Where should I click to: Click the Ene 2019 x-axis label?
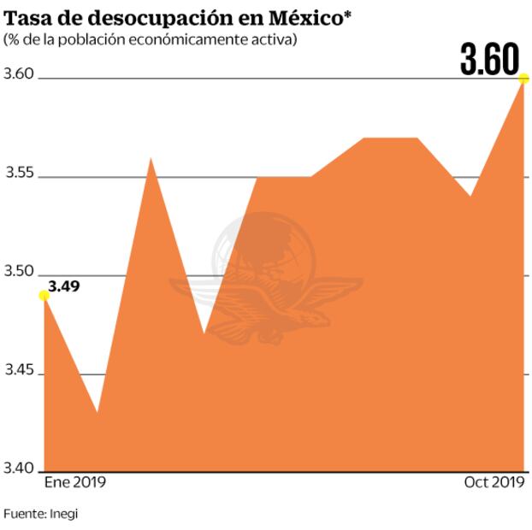74,483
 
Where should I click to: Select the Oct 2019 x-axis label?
494,483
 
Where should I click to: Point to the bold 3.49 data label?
64,286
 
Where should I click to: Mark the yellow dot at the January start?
44,296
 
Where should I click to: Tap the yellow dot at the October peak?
523,79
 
